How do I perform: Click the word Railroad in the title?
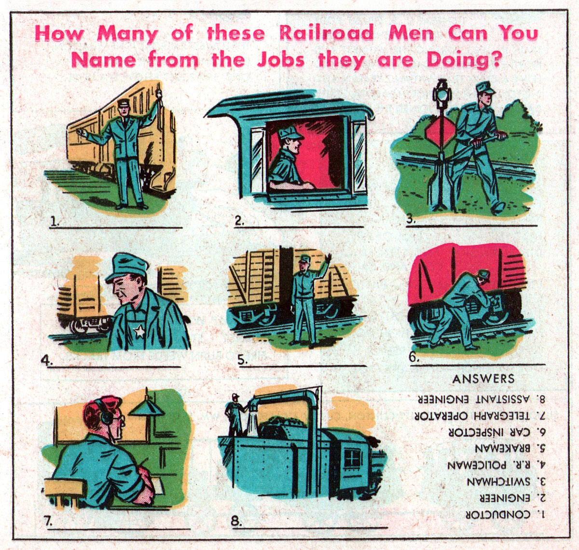(x=326, y=33)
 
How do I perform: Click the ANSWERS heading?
(x=483, y=379)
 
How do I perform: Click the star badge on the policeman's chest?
(x=139, y=331)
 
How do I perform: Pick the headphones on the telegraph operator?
(x=106, y=415)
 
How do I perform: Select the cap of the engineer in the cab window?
(x=289, y=133)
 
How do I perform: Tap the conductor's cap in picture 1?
(x=124, y=103)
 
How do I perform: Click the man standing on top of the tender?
(x=234, y=415)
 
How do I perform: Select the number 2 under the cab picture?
(x=239, y=221)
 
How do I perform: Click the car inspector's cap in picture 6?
(x=482, y=275)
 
